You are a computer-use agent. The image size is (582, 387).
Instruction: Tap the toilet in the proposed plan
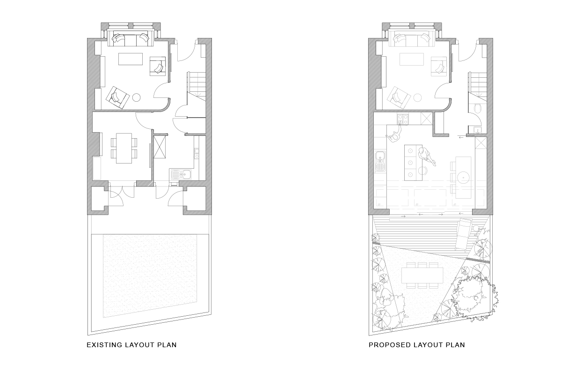tap(477, 109)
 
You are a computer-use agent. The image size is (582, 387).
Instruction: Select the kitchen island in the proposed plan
tap(413, 163)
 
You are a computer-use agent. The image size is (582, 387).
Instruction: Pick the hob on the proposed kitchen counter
tap(403, 119)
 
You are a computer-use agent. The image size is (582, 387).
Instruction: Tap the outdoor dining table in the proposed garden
tap(422, 275)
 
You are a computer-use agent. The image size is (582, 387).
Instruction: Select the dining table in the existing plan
tap(124, 148)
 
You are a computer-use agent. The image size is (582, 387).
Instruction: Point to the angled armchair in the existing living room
tap(117, 97)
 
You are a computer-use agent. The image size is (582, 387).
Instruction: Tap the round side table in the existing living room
tap(137, 97)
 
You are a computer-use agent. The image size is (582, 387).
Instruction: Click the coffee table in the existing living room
tap(131, 59)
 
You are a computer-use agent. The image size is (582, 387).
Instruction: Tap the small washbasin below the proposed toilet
tap(477, 130)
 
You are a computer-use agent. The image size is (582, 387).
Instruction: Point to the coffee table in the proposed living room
tap(412, 60)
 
